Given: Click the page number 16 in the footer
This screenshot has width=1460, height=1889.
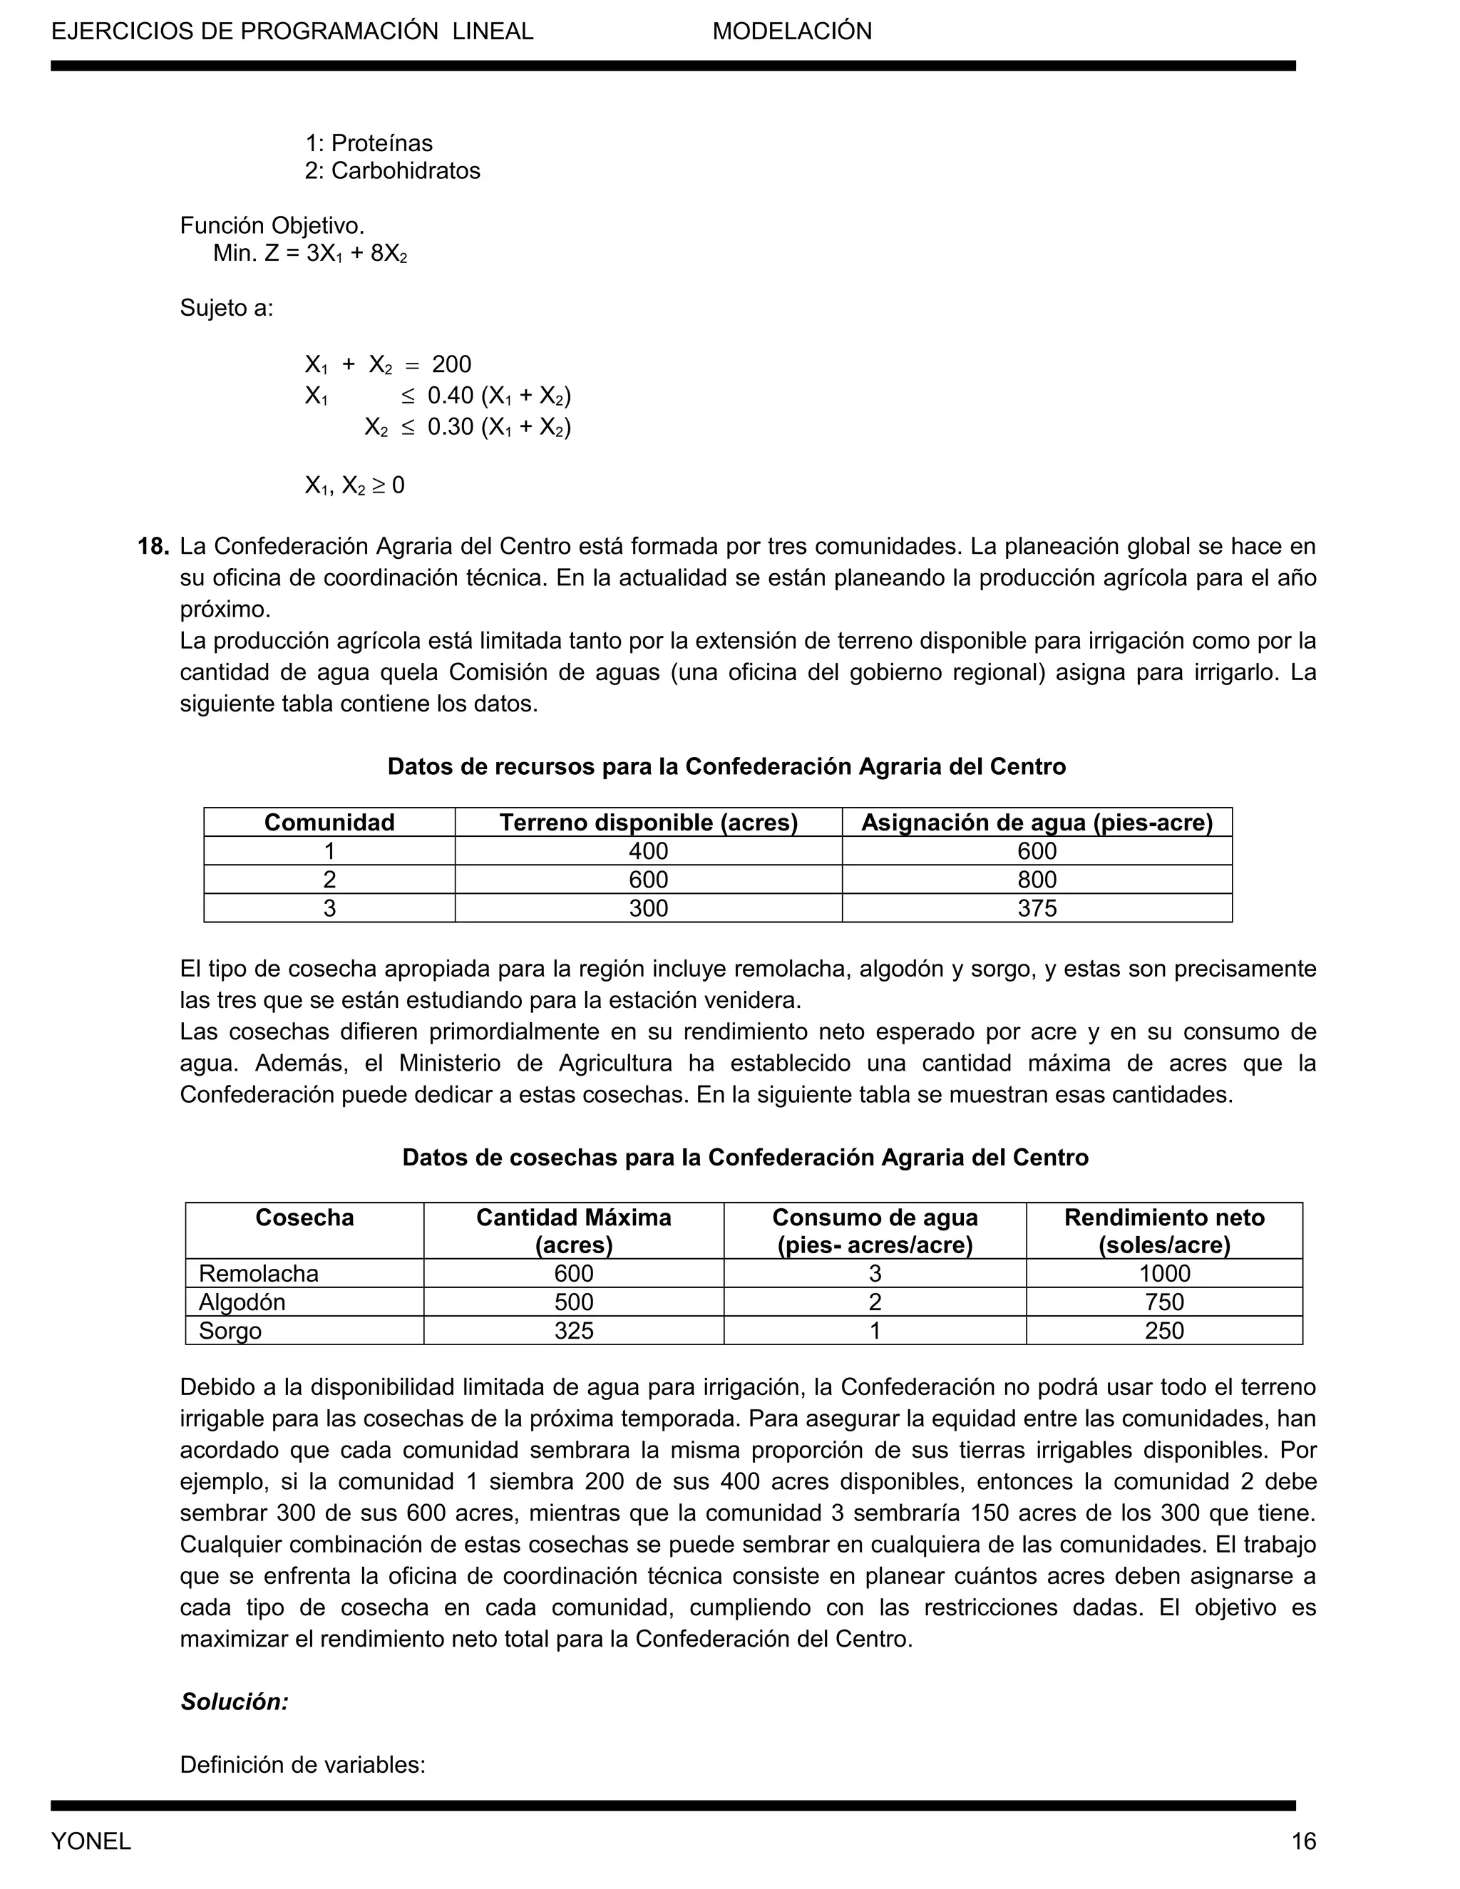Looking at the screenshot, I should pos(1303,1841).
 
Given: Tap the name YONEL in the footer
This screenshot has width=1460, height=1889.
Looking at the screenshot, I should pos(91,1841).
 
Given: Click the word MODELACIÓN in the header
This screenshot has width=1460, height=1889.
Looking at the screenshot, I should pos(791,32).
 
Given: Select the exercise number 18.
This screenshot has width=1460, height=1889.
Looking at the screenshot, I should pos(153,547).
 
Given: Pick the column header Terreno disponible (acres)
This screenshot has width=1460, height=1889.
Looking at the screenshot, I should pos(648,823).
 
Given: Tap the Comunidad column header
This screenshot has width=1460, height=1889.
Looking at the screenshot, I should pos(329,823).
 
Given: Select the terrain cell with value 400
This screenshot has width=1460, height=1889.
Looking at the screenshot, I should pos(648,851).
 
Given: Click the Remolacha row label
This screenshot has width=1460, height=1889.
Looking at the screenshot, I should pos(258,1273).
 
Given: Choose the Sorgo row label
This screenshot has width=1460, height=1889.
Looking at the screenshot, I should pos(230,1330).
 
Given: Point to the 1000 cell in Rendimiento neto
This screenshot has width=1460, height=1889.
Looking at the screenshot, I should pos(1163,1273).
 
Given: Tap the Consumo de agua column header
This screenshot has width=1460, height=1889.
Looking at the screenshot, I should pos(875,1231).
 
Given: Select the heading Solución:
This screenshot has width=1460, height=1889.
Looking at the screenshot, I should pos(234,1702).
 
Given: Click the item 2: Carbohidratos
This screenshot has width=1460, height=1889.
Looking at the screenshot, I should pos(392,170).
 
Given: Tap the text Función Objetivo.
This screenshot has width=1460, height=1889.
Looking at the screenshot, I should pos(272,226).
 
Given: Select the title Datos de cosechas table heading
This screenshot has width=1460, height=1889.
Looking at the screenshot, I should pos(745,1157).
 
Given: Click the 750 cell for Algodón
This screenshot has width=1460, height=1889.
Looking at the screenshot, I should pos(1163,1302).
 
